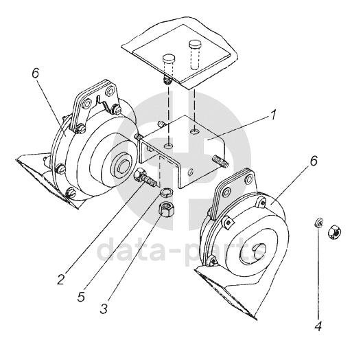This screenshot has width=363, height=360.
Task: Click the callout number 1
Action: pos(273,115)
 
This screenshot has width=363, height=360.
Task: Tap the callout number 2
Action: pos(60,279)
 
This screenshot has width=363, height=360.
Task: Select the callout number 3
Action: pos(104,308)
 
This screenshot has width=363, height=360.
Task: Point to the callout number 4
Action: pos(318,326)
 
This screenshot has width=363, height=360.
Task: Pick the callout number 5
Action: pos(81,296)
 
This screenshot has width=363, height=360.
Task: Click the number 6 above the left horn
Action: pos(36,74)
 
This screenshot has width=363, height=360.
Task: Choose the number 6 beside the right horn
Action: pos(314,161)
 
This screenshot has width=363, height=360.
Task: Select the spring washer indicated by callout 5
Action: pos(166,192)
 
